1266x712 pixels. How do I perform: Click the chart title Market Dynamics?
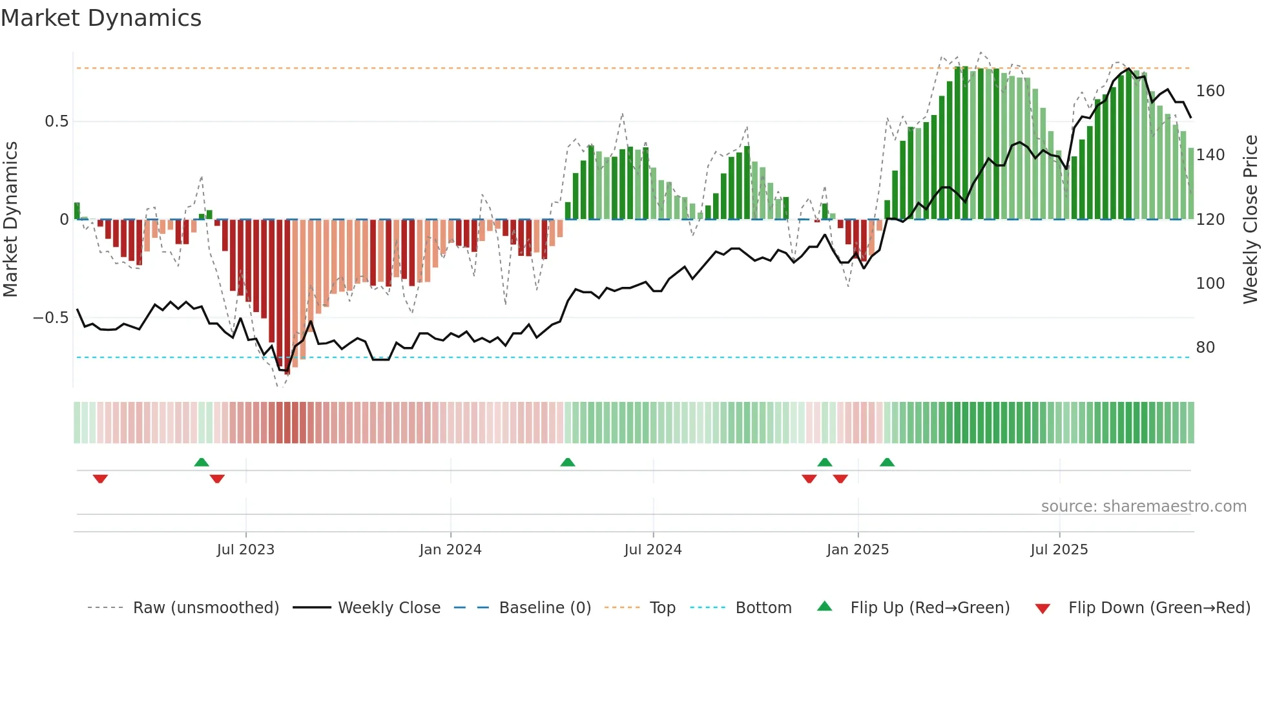pos(101,18)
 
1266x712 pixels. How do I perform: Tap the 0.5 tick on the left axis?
pos(56,121)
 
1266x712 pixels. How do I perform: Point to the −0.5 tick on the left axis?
pos(51,318)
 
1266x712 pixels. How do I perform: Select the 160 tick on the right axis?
pos(1210,91)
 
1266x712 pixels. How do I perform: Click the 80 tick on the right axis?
pos(1205,348)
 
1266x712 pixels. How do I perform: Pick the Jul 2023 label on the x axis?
pos(245,550)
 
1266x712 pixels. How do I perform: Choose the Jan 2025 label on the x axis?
pos(857,550)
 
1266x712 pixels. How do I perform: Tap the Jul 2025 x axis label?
pos(1059,550)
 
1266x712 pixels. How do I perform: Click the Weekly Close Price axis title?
pos(1250,220)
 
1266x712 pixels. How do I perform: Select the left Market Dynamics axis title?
pos(10,220)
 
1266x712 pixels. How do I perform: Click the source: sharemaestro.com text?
pos(1143,507)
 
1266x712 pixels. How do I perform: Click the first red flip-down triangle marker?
pos(100,479)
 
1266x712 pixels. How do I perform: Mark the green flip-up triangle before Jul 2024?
pos(567,462)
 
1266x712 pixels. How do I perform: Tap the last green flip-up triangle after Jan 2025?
pos(887,462)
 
